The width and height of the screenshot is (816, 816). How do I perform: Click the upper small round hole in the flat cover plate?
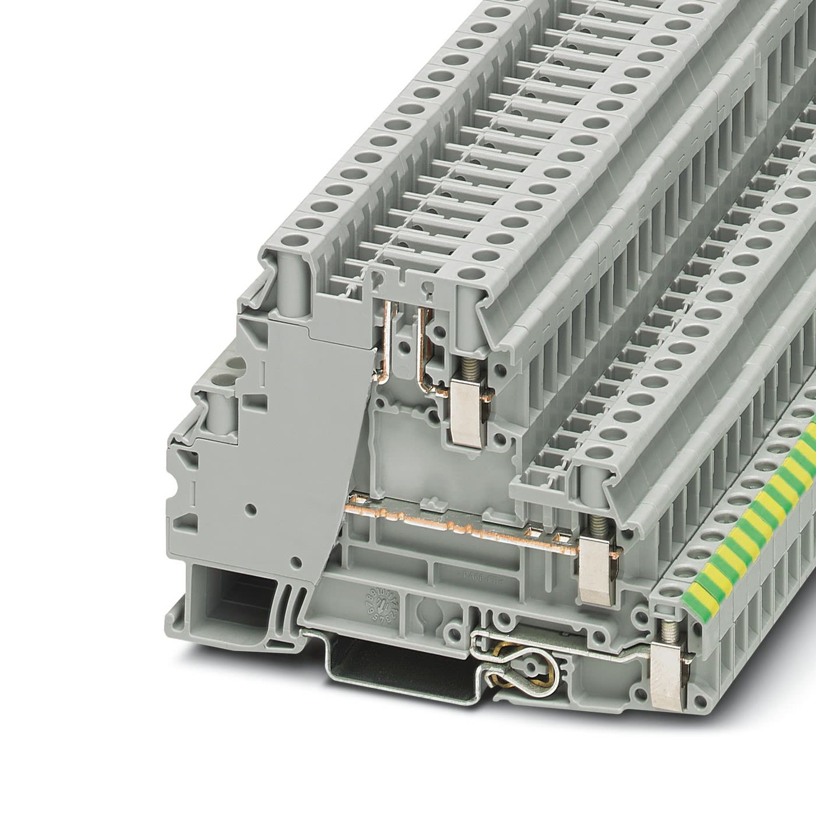(251, 508)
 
